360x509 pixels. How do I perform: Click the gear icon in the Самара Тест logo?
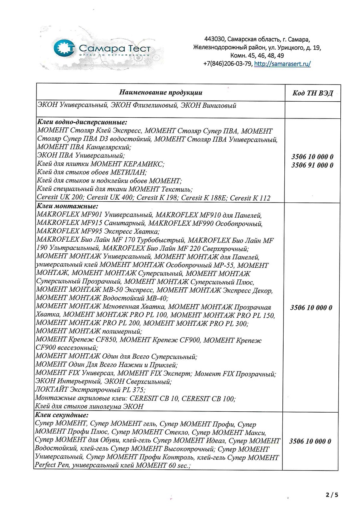[x=64, y=48]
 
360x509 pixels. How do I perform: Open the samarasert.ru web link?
[x=282, y=64]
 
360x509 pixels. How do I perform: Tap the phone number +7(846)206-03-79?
[x=228, y=64]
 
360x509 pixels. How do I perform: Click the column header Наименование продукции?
[x=160, y=92]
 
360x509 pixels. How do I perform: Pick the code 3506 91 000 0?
[x=312, y=165]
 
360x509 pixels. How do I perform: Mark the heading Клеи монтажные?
[x=67, y=206]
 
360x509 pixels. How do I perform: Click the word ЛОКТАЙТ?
[x=51, y=389]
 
